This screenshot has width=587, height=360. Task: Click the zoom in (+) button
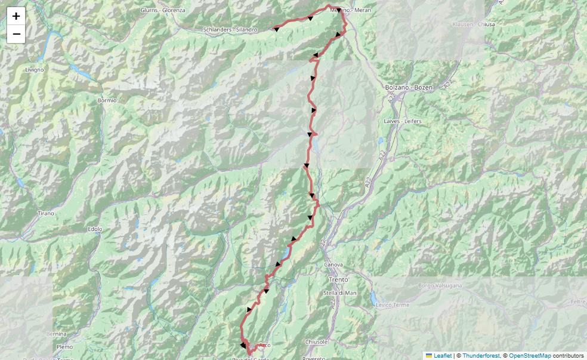pyautogui.click(x=16, y=16)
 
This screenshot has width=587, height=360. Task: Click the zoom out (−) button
pyautogui.click(x=16, y=34)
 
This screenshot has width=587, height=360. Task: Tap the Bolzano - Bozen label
pyautogui.click(x=407, y=87)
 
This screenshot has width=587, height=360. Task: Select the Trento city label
pyautogui.click(x=338, y=279)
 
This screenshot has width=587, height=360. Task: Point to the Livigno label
pyautogui.click(x=35, y=70)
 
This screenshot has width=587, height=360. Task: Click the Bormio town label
pyautogui.click(x=107, y=100)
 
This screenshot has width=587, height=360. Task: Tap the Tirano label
pyautogui.click(x=46, y=213)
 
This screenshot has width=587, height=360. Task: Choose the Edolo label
pyautogui.click(x=95, y=229)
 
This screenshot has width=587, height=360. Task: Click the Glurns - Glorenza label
pyautogui.click(x=162, y=10)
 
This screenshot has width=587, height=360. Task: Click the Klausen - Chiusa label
pyautogui.click(x=474, y=24)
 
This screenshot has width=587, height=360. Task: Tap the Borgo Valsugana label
pyautogui.click(x=440, y=285)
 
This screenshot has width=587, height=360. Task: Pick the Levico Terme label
pyautogui.click(x=393, y=305)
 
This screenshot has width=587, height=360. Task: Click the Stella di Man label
pyautogui.click(x=339, y=293)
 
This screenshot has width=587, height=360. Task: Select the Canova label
pyautogui.click(x=333, y=264)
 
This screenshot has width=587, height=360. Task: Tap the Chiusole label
pyautogui.click(x=316, y=342)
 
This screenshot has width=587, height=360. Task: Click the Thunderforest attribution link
pyautogui.click(x=481, y=356)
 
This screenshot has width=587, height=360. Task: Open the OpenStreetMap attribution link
pyautogui.click(x=530, y=356)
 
